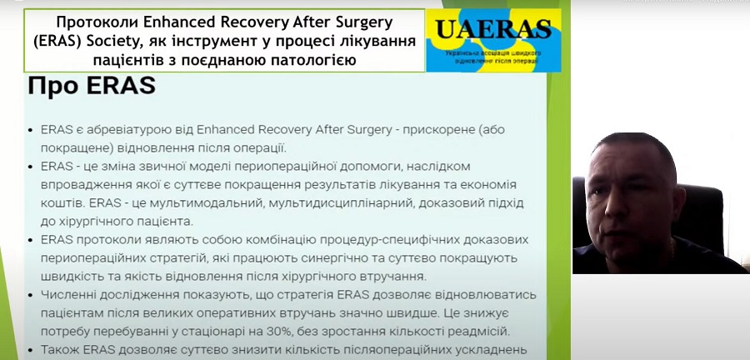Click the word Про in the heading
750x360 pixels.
pos(52,87)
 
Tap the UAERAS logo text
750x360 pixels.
pos(493,29)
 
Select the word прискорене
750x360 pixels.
pos(438,129)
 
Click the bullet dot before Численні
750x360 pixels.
pos(31,296)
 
